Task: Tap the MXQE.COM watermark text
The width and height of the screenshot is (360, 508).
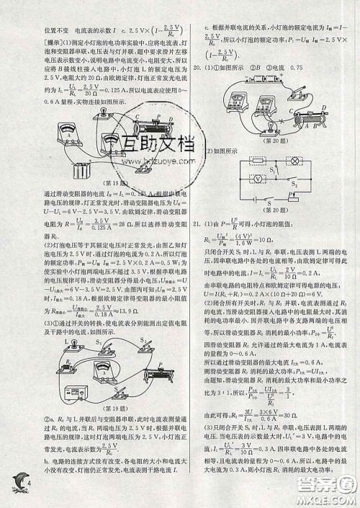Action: (325, 497)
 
